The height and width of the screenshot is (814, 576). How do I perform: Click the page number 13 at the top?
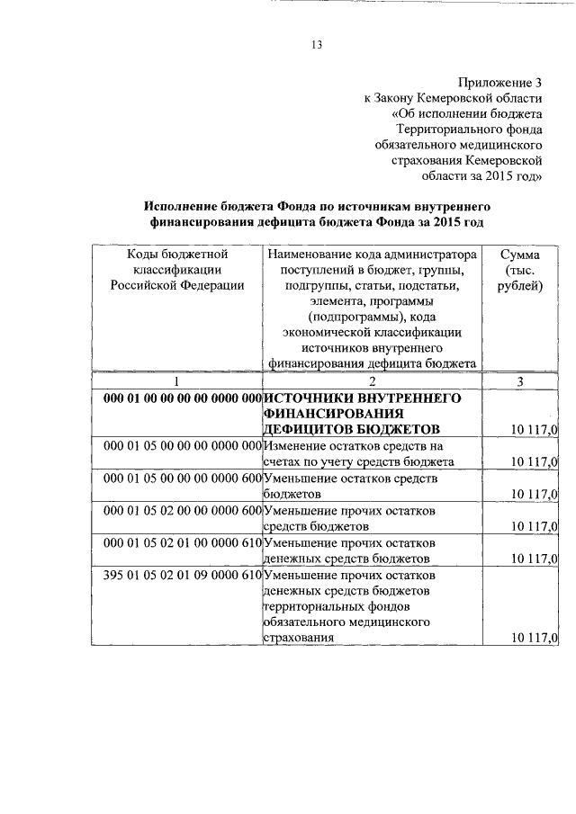pos(317,44)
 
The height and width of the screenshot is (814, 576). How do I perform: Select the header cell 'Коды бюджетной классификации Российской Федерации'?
pos(176,270)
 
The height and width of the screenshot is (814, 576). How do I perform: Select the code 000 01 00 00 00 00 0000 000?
pos(182,398)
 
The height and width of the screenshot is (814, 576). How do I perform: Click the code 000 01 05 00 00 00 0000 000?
pos(182,446)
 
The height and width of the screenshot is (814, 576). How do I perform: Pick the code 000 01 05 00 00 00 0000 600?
pos(182,479)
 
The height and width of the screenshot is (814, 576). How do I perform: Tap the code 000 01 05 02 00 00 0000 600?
pos(182,511)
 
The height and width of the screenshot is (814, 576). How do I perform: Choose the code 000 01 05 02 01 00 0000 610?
pos(182,543)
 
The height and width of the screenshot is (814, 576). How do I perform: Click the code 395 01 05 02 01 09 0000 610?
pos(182,574)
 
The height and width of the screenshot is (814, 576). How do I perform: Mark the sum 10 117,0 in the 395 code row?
pos(534,638)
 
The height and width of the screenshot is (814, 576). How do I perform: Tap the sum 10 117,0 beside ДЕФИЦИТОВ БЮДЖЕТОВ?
pos(534,429)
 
